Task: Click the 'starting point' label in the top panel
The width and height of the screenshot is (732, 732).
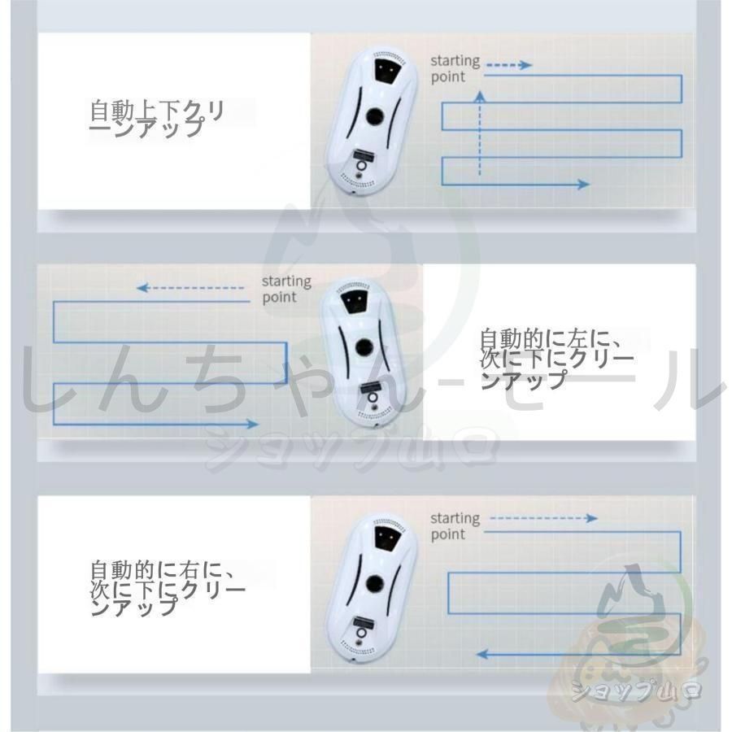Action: pyautogui.click(x=455, y=68)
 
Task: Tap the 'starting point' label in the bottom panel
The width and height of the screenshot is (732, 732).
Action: pyautogui.click(x=455, y=526)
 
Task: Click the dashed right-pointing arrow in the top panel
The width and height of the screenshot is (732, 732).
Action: pyautogui.click(x=508, y=65)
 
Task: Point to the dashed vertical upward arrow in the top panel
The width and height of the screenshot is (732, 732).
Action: pyautogui.click(x=480, y=134)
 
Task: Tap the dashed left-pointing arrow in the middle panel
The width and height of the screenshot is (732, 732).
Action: pyautogui.click(x=191, y=288)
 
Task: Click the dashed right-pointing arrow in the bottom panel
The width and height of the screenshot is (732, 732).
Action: pyautogui.click(x=544, y=518)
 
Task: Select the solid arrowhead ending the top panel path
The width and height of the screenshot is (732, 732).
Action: pyautogui.click(x=582, y=185)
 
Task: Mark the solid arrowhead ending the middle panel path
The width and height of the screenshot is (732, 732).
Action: pyautogui.click(x=252, y=424)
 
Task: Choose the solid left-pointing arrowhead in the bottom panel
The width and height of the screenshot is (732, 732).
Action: pyautogui.click(x=482, y=653)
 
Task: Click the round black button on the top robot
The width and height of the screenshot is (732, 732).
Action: pyautogui.click(x=375, y=117)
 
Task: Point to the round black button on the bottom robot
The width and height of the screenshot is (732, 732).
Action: pyautogui.click(x=375, y=582)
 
